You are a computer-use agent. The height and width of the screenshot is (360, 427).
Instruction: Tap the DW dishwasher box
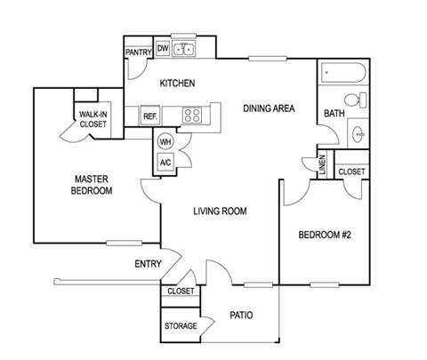[x=163, y=48]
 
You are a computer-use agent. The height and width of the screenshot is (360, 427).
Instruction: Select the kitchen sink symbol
[x=185, y=49]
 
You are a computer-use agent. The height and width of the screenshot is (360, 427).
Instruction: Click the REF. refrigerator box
[x=150, y=116]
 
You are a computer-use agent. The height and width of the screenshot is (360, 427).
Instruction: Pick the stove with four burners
[x=193, y=115]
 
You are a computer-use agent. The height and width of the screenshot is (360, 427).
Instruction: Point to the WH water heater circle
[x=165, y=142]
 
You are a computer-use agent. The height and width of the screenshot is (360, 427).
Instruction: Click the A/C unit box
[x=165, y=162]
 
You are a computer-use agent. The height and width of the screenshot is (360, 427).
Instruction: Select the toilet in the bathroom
[x=357, y=100]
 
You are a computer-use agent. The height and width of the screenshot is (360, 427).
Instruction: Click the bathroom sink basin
[x=359, y=134]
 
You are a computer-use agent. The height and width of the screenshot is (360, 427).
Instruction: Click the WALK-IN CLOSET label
[x=93, y=119]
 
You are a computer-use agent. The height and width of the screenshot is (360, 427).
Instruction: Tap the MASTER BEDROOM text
[x=93, y=185]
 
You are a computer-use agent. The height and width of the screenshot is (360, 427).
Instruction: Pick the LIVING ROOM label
[x=221, y=211]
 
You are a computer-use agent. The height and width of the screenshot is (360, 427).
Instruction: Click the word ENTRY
[x=148, y=264]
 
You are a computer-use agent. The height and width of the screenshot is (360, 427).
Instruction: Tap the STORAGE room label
[x=181, y=326]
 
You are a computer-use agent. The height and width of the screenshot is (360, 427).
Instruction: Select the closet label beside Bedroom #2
[x=351, y=171]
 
